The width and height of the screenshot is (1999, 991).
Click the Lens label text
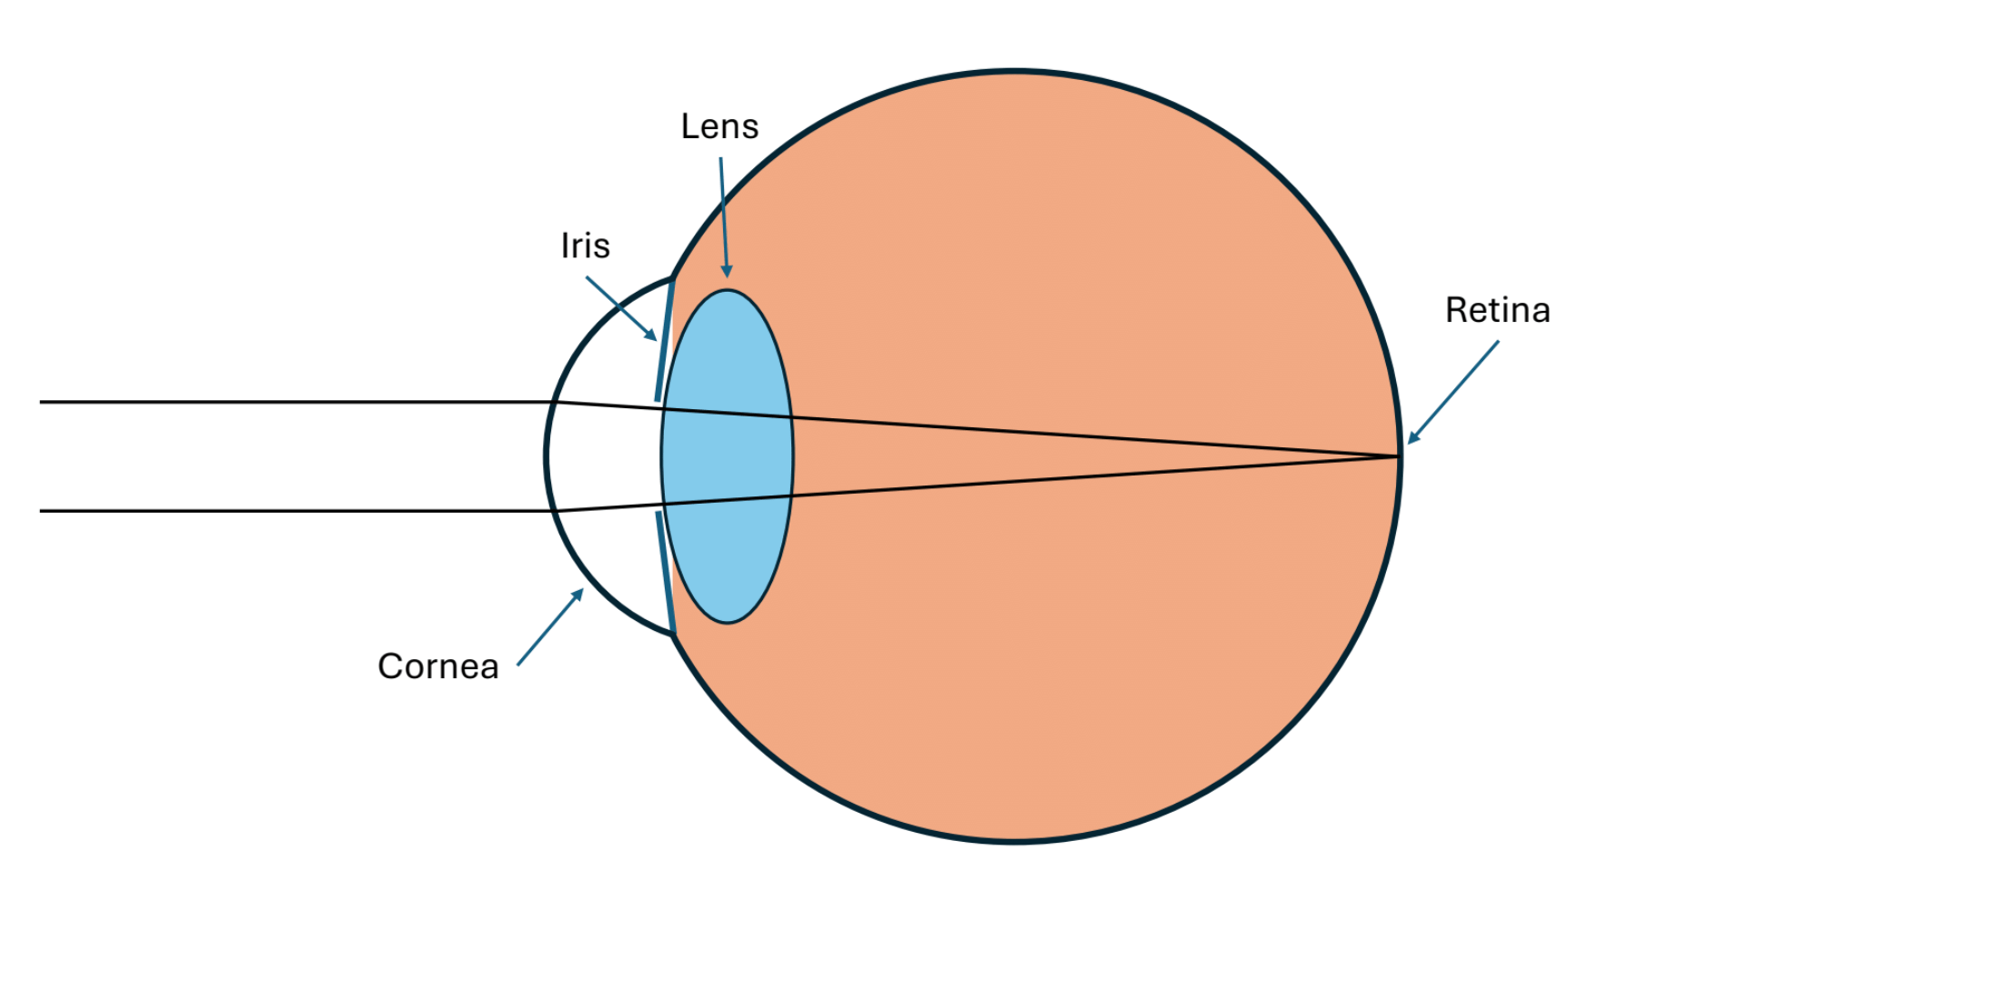[x=719, y=126]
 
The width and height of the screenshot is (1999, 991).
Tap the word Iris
[x=585, y=245]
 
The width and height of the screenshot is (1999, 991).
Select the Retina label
[x=1497, y=310]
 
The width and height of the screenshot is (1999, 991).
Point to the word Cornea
[x=437, y=666]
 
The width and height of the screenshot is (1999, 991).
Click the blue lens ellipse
[x=728, y=546]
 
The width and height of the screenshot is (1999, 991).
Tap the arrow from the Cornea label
[x=549, y=627]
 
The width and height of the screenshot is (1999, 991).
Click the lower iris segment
[x=665, y=573]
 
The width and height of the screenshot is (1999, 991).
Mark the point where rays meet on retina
[x=1397, y=456]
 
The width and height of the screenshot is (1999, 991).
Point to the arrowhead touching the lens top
[x=726, y=271]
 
